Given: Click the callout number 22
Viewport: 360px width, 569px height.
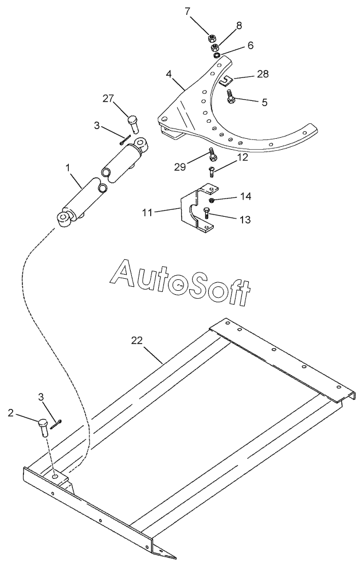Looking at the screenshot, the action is tap(137, 340).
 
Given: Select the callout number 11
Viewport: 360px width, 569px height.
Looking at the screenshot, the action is tap(147, 212).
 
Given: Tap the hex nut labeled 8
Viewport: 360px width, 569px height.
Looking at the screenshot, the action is tap(215, 48).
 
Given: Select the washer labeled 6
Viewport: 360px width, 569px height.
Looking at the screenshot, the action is tap(217, 55).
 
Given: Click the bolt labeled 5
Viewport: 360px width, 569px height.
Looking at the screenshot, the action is tap(230, 97).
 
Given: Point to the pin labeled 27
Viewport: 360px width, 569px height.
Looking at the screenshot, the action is tap(133, 124).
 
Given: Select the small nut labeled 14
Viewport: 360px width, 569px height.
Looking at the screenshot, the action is tap(212, 200).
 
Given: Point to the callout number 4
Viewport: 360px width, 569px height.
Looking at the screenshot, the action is tap(169, 75).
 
